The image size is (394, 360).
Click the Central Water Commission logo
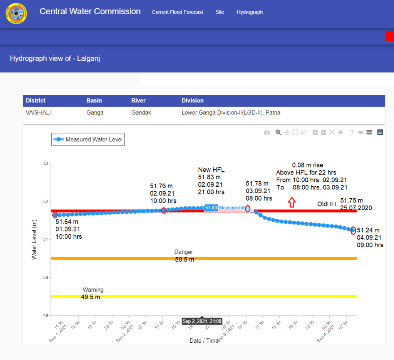click(x=16, y=13)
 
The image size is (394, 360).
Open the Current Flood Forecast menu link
click(x=177, y=12)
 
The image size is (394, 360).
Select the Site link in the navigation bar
click(x=220, y=12)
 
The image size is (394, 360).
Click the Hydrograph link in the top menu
click(x=250, y=12)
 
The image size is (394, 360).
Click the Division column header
click(x=193, y=100)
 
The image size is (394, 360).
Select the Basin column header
click(x=94, y=100)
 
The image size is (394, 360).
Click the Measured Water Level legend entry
click(x=88, y=139)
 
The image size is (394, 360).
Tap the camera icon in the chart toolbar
click(x=267, y=132)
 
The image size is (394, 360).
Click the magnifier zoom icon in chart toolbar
click(x=278, y=132)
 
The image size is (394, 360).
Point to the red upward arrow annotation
click(x=292, y=202)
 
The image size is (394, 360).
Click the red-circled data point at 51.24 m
click(x=353, y=231)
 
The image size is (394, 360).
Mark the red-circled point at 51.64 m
click(x=55, y=215)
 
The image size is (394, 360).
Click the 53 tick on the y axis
click(x=45, y=164)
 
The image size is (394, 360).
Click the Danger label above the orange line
click(x=184, y=252)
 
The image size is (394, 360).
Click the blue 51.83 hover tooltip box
click(x=211, y=208)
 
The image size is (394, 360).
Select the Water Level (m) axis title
click(x=34, y=239)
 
